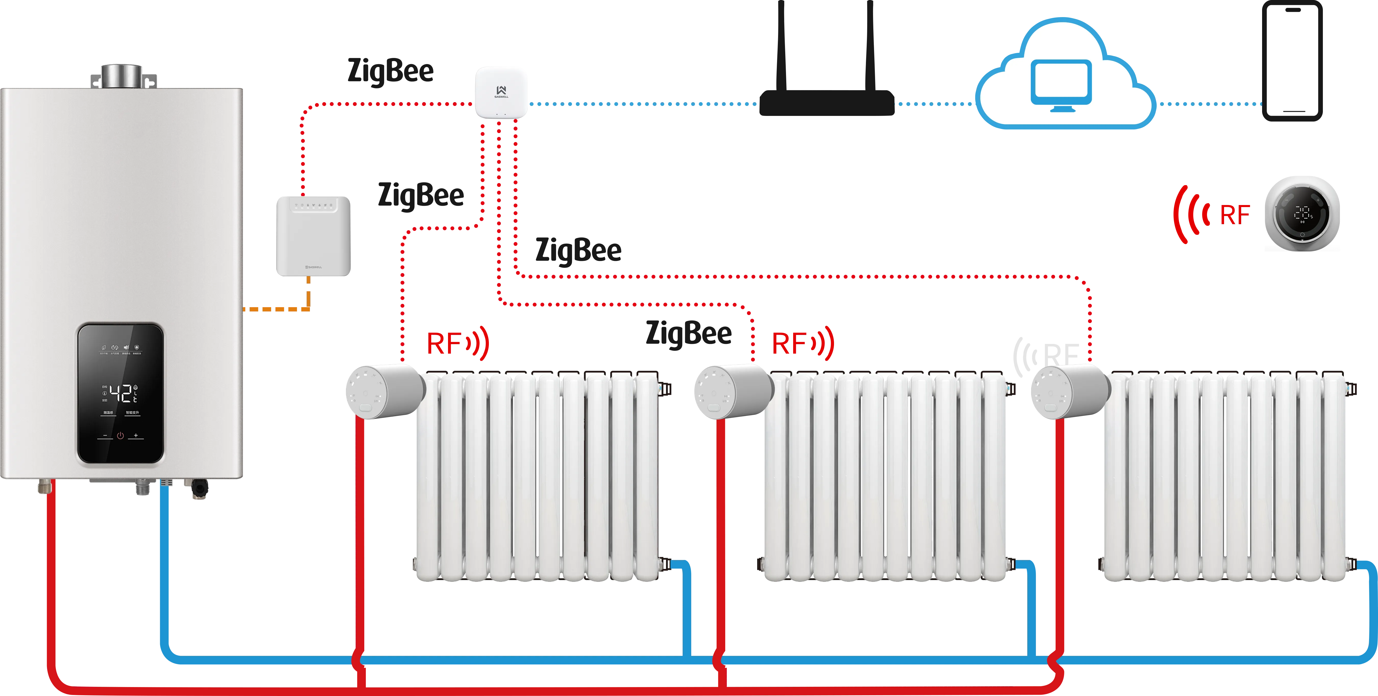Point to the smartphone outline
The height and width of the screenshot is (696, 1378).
[x=1292, y=62]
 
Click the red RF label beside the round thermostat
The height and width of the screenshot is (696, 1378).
[x=1235, y=215]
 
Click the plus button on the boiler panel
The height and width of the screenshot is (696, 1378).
[x=136, y=436]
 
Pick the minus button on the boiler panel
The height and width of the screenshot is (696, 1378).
[x=105, y=436]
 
